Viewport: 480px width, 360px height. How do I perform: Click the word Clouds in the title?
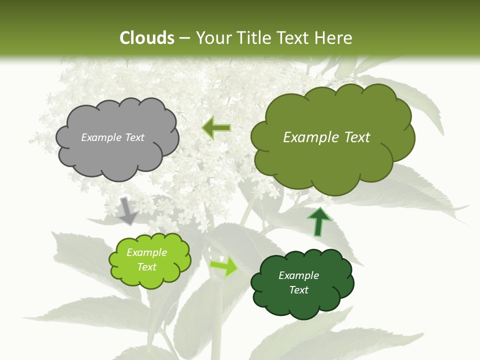[147, 38]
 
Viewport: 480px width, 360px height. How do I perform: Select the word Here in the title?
[333, 38]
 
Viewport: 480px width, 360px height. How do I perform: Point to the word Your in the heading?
[212, 38]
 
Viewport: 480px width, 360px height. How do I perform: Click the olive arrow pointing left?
[216, 128]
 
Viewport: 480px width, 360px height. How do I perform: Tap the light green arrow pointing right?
[224, 266]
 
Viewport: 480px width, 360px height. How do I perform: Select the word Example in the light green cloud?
[146, 252]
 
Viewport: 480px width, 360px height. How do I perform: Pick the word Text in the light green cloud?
[146, 267]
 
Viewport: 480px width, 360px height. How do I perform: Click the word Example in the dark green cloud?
[298, 275]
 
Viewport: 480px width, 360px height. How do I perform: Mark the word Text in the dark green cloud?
[298, 290]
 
